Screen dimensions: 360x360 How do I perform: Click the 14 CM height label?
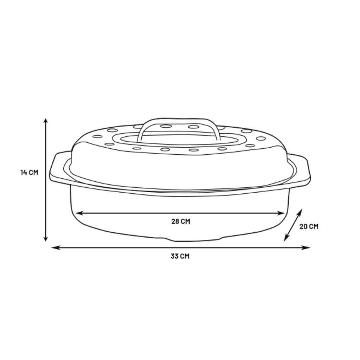pyautogui.click(x=29, y=173)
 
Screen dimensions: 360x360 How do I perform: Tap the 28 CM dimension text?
pyautogui.click(x=181, y=221)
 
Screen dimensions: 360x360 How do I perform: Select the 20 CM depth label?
pyautogui.click(x=309, y=226)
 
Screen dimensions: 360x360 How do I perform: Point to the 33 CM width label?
pyautogui.click(x=180, y=256)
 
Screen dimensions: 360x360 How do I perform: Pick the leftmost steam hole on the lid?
pyautogui.click(x=97, y=136)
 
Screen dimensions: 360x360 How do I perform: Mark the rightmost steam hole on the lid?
pyautogui.click(x=261, y=138)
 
